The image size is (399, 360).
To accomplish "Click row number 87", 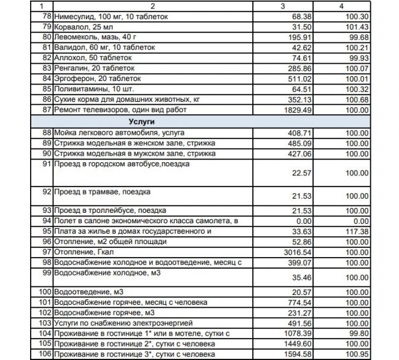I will click(x=47, y=110).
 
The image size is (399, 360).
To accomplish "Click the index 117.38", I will click(x=355, y=231).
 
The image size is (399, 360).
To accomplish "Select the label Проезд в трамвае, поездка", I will click(x=94, y=192).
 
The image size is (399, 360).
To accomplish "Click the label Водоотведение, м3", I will click(x=85, y=291).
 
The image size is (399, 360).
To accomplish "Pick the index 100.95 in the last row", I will click(x=355, y=354).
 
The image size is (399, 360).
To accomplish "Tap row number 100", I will click(x=45, y=291).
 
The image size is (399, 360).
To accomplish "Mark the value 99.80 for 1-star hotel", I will click(x=357, y=334).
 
